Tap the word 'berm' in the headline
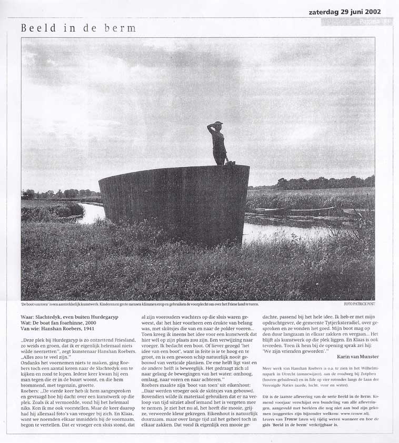click(x=120, y=28)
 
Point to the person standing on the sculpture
click(x=219, y=143)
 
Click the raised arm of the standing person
click(x=212, y=126)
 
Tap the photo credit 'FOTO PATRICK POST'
click(x=359, y=304)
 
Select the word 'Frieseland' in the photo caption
click(x=230, y=304)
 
